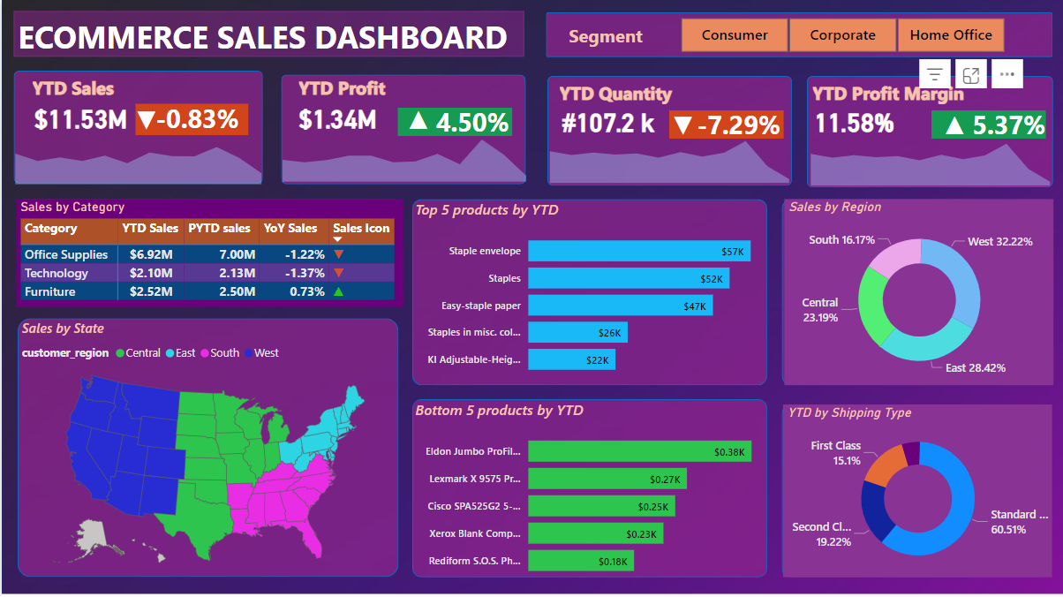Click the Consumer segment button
click(734, 35)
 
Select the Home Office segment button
click(951, 35)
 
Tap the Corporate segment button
click(842, 35)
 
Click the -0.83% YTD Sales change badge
click(192, 119)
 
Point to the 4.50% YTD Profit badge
click(455, 122)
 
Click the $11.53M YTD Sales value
click(80, 119)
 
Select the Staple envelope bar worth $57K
click(639, 251)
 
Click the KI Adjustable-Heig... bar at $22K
click(571, 359)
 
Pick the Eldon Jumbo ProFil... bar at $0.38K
click(639, 451)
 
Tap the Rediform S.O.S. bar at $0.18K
click(581, 561)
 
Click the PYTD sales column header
click(219, 228)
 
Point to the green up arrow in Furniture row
click(339, 291)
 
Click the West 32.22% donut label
click(999, 241)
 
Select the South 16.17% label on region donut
click(841, 239)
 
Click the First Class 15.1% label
click(835, 453)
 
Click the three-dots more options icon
click(1007, 74)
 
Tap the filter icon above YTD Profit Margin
click(935, 74)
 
